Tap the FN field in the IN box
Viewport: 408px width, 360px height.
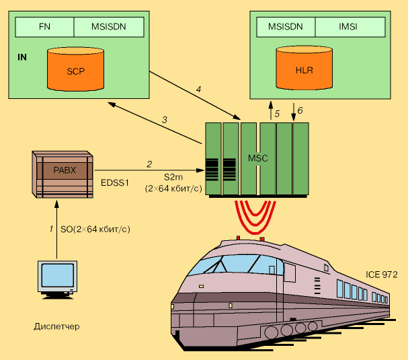point(44,28)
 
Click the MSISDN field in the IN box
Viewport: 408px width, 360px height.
point(108,28)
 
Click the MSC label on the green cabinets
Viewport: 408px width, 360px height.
point(258,158)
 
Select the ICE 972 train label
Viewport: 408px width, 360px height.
point(382,274)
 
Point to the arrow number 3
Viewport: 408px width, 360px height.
point(164,120)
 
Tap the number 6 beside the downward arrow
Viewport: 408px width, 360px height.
point(300,110)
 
